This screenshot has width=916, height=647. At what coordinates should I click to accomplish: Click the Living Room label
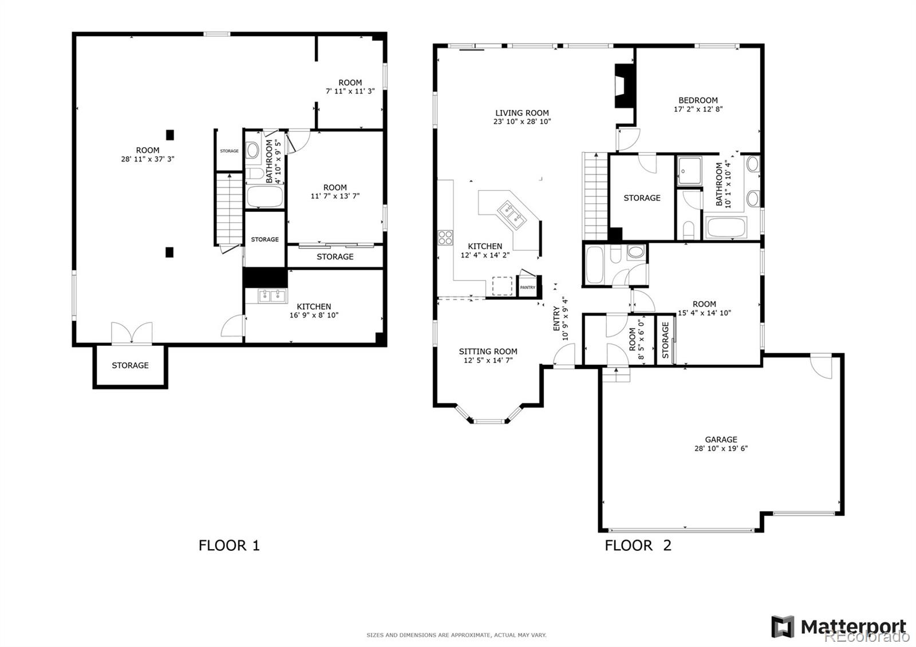tap(522, 113)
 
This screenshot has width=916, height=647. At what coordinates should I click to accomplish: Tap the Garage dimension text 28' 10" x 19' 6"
tap(721, 449)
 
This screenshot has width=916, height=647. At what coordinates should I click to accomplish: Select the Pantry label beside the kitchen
tap(527, 287)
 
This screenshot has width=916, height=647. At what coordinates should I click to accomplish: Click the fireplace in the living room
tap(623, 86)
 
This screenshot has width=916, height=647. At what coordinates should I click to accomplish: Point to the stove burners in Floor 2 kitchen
tap(445, 237)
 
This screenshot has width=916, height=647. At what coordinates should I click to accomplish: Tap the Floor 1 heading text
tap(229, 545)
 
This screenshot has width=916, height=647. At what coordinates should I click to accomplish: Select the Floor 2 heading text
tap(638, 545)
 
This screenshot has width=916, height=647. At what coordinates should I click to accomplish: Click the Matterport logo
tap(839, 626)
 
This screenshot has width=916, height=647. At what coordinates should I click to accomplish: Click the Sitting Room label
tap(488, 352)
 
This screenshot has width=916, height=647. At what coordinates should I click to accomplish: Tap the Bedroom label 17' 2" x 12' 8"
tap(698, 104)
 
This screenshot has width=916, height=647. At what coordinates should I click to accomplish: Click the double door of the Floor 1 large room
tap(132, 333)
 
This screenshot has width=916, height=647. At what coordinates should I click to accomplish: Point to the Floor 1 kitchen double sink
tap(272, 296)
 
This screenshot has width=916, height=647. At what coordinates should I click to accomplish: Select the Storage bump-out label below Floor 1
tap(130, 365)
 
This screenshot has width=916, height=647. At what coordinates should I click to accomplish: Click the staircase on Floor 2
tap(595, 198)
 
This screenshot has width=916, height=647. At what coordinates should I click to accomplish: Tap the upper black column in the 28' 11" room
tap(169, 135)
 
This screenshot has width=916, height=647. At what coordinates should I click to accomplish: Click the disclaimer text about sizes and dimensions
tap(456, 635)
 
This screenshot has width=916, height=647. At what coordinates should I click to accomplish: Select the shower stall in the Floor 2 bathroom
tap(689, 170)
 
